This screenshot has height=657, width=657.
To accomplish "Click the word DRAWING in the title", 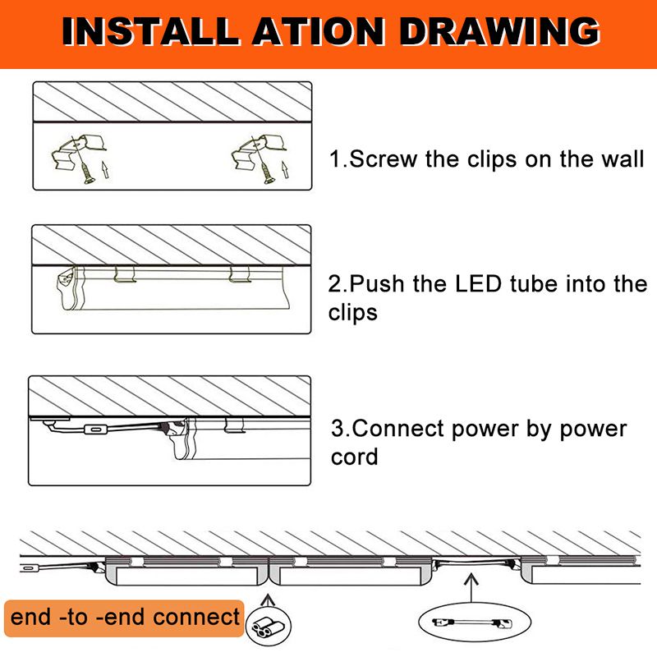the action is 500,31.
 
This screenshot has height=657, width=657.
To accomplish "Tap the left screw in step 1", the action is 87,172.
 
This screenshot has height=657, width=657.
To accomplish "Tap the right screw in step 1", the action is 267,172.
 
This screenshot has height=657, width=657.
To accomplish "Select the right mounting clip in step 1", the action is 259,151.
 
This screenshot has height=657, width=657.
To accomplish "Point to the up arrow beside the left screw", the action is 106,170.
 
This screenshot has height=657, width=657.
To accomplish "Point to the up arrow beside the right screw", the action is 285,170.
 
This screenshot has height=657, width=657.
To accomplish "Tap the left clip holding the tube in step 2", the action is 126,274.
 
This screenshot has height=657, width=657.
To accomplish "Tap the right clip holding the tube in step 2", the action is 240,274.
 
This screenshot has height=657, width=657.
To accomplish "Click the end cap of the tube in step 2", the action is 67,288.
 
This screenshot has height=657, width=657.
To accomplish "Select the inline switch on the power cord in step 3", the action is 95,430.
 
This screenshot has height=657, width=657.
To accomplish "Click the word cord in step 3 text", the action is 354,457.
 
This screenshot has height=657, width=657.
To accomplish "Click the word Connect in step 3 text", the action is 397,429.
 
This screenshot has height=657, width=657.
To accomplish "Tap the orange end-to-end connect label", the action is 124,618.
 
